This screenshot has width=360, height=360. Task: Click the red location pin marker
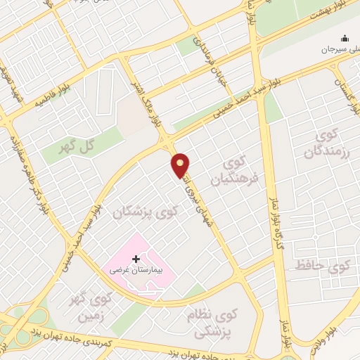[181, 165]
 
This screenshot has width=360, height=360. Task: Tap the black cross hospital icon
[136, 259]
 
